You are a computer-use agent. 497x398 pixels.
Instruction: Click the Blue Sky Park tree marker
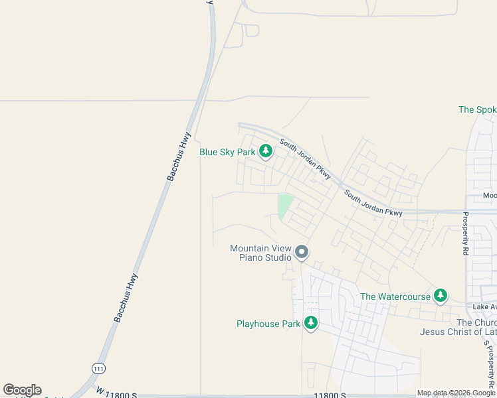(266, 152)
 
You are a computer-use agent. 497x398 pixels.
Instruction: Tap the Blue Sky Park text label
(227, 152)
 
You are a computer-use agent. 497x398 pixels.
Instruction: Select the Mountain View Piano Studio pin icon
(302, 251)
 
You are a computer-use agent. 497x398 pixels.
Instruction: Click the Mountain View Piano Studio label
(260, 253)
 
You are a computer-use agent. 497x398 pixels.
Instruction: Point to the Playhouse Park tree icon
(310, 323)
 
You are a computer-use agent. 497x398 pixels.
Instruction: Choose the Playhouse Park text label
(268, 324)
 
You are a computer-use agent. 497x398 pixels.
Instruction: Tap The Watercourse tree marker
(440, 296)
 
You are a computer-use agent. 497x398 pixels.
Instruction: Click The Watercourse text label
(395, 297)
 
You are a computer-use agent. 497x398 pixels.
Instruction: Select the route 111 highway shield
(98, 367)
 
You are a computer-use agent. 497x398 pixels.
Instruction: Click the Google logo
(22, 390)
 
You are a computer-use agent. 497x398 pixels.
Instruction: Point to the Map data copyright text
(456, 393)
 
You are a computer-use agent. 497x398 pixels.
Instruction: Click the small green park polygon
(285, 205)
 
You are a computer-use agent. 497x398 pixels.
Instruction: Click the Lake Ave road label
(484, 306)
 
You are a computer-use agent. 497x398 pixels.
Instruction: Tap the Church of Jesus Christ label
(458, 327)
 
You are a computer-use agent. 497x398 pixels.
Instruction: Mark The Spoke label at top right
(477, 109)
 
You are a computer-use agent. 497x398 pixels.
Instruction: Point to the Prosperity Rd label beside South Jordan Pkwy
(465, 233)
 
